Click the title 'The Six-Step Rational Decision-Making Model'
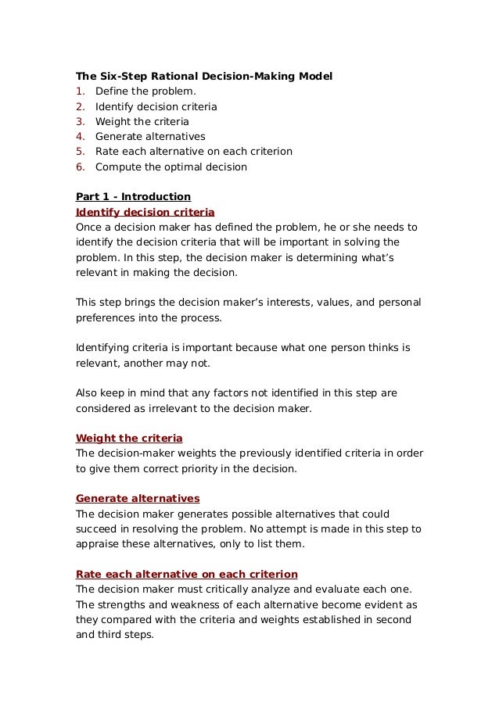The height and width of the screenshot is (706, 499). [x=203, y=77]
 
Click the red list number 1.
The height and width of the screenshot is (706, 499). [x=79, y=91]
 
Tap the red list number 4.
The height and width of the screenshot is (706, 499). [x=79, y=137]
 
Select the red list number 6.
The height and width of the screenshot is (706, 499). [x=79, y=167]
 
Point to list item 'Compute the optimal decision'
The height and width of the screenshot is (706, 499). [x=171, y=167]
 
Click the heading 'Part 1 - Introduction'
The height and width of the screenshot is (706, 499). [x=133, y=197]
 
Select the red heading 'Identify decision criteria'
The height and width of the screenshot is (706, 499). [x=145, y=212]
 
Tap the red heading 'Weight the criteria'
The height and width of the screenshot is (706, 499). [x=128, y=439]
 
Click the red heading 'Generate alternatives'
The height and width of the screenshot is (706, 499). [x=137, y=499]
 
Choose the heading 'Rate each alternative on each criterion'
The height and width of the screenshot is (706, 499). [x=186, y=575]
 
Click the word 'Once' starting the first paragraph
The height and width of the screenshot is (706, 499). [x=88, y=228]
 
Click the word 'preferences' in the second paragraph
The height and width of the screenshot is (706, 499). [x=106, y=318]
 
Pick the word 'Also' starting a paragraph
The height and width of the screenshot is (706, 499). [x=87, y=393]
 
